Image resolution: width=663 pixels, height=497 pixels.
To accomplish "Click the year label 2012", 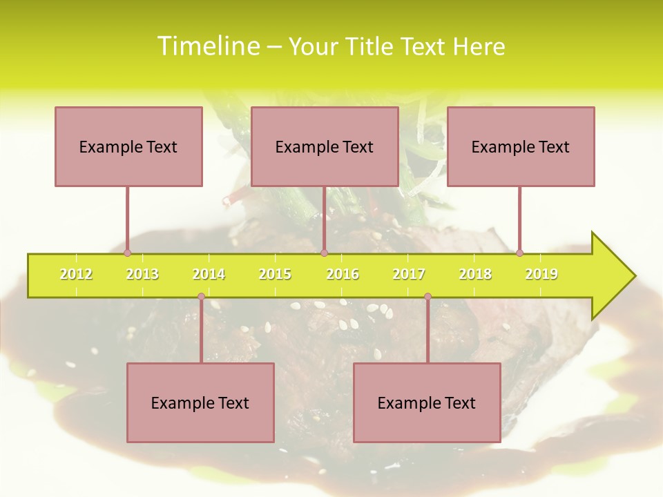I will [x=76, y=275].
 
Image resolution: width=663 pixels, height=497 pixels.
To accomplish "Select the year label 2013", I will [x=142, y=275].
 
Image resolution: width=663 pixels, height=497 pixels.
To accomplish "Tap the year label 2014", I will [x=209, y=275].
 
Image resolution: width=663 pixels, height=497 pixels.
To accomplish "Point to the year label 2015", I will [x=275, y=275].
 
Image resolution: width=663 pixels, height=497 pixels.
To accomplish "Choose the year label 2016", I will [x=343, y=275].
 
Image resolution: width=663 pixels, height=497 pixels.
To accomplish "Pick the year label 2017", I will [x=409, y=275].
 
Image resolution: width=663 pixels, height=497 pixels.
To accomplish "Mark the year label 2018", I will [x=475, y=275].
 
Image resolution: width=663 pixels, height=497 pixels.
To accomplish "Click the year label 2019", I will [x=541, y=275].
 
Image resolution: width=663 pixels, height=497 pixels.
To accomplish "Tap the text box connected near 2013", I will [x=128, y=147].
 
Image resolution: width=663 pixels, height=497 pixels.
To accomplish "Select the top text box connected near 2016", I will [x=325, y=147].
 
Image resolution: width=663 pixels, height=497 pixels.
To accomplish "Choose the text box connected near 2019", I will [x=521, y=147].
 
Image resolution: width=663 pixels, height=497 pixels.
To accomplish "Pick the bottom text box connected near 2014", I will [x=200, y=403].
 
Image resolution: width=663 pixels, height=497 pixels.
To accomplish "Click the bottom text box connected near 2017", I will [x=427, y=403].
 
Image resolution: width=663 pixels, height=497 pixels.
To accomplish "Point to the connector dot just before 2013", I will [x=127, y=253].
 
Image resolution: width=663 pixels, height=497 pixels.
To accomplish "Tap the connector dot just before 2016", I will [x=324, y=253].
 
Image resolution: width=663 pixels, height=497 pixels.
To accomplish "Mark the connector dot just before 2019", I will [x=519, y=253].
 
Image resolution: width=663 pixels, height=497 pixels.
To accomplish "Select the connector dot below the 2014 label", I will [x=201, y=297].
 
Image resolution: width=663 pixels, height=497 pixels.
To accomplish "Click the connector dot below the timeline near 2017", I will [x=427, y=297].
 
